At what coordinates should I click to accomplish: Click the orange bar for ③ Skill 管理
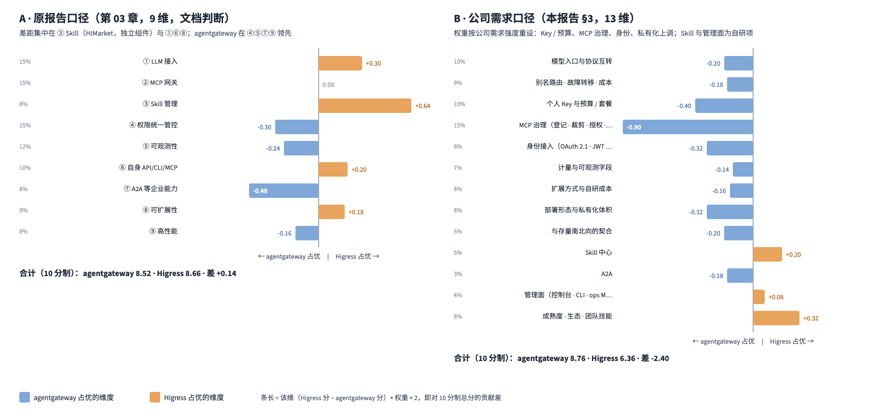(365, 106)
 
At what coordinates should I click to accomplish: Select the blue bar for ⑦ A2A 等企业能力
(284, 191)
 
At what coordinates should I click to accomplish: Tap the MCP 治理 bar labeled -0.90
(688, 127)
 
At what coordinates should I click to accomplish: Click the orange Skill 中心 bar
(768, 254)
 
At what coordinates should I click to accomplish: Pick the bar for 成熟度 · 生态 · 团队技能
(776, 318)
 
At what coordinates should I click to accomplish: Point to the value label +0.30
(373, 64)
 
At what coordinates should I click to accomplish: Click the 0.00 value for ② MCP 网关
(328, 85)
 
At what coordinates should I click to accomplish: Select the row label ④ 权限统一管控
(153, 125)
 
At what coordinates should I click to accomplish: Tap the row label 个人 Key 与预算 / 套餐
(579, 104)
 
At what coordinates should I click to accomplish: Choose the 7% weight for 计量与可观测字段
(458, 168)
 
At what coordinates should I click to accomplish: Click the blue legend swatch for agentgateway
(25, 397)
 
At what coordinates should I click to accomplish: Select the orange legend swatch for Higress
(155, 397)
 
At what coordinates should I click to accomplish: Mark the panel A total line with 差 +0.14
(128, 273)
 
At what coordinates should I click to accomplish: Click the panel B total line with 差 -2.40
(561, 358)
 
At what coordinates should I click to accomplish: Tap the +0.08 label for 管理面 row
(776, 297)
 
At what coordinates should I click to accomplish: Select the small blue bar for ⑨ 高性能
(307, 233)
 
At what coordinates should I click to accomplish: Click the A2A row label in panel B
(607, 274)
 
